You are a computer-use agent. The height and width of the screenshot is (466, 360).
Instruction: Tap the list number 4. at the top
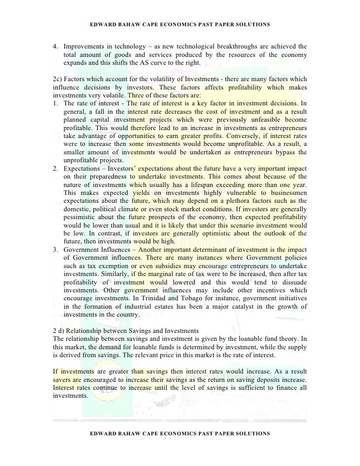[x=55, y=46]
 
